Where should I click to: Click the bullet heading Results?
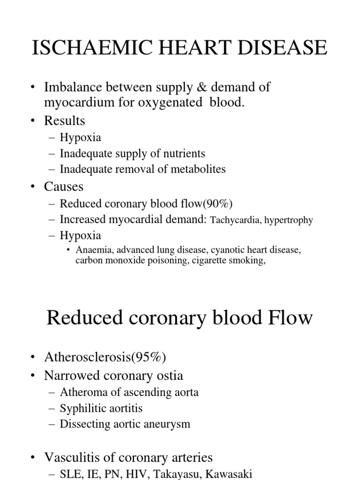point(65,120)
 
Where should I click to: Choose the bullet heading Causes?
point(64,187)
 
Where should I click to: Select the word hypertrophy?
point(288,220)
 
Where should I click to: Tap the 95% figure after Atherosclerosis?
point(153,357)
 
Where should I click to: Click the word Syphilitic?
point(80,408)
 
